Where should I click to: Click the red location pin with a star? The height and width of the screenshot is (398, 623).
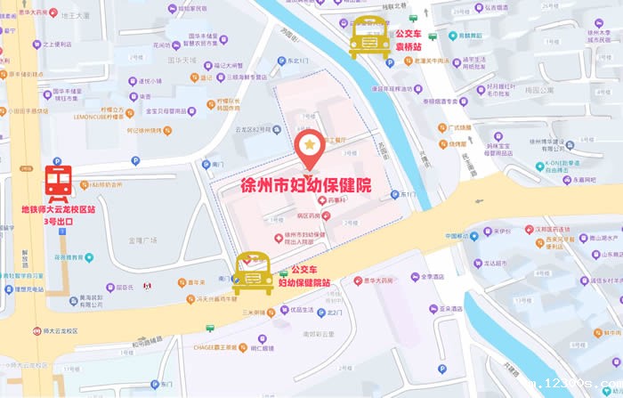(x=308, y=149)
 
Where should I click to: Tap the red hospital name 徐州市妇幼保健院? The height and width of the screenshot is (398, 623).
(x=306, y=188)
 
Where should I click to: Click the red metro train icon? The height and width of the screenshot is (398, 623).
(x=59, y=182)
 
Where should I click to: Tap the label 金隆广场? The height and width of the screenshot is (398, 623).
(x=142, y=240)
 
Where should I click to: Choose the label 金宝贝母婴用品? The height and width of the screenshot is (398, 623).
(x=170, y=111)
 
